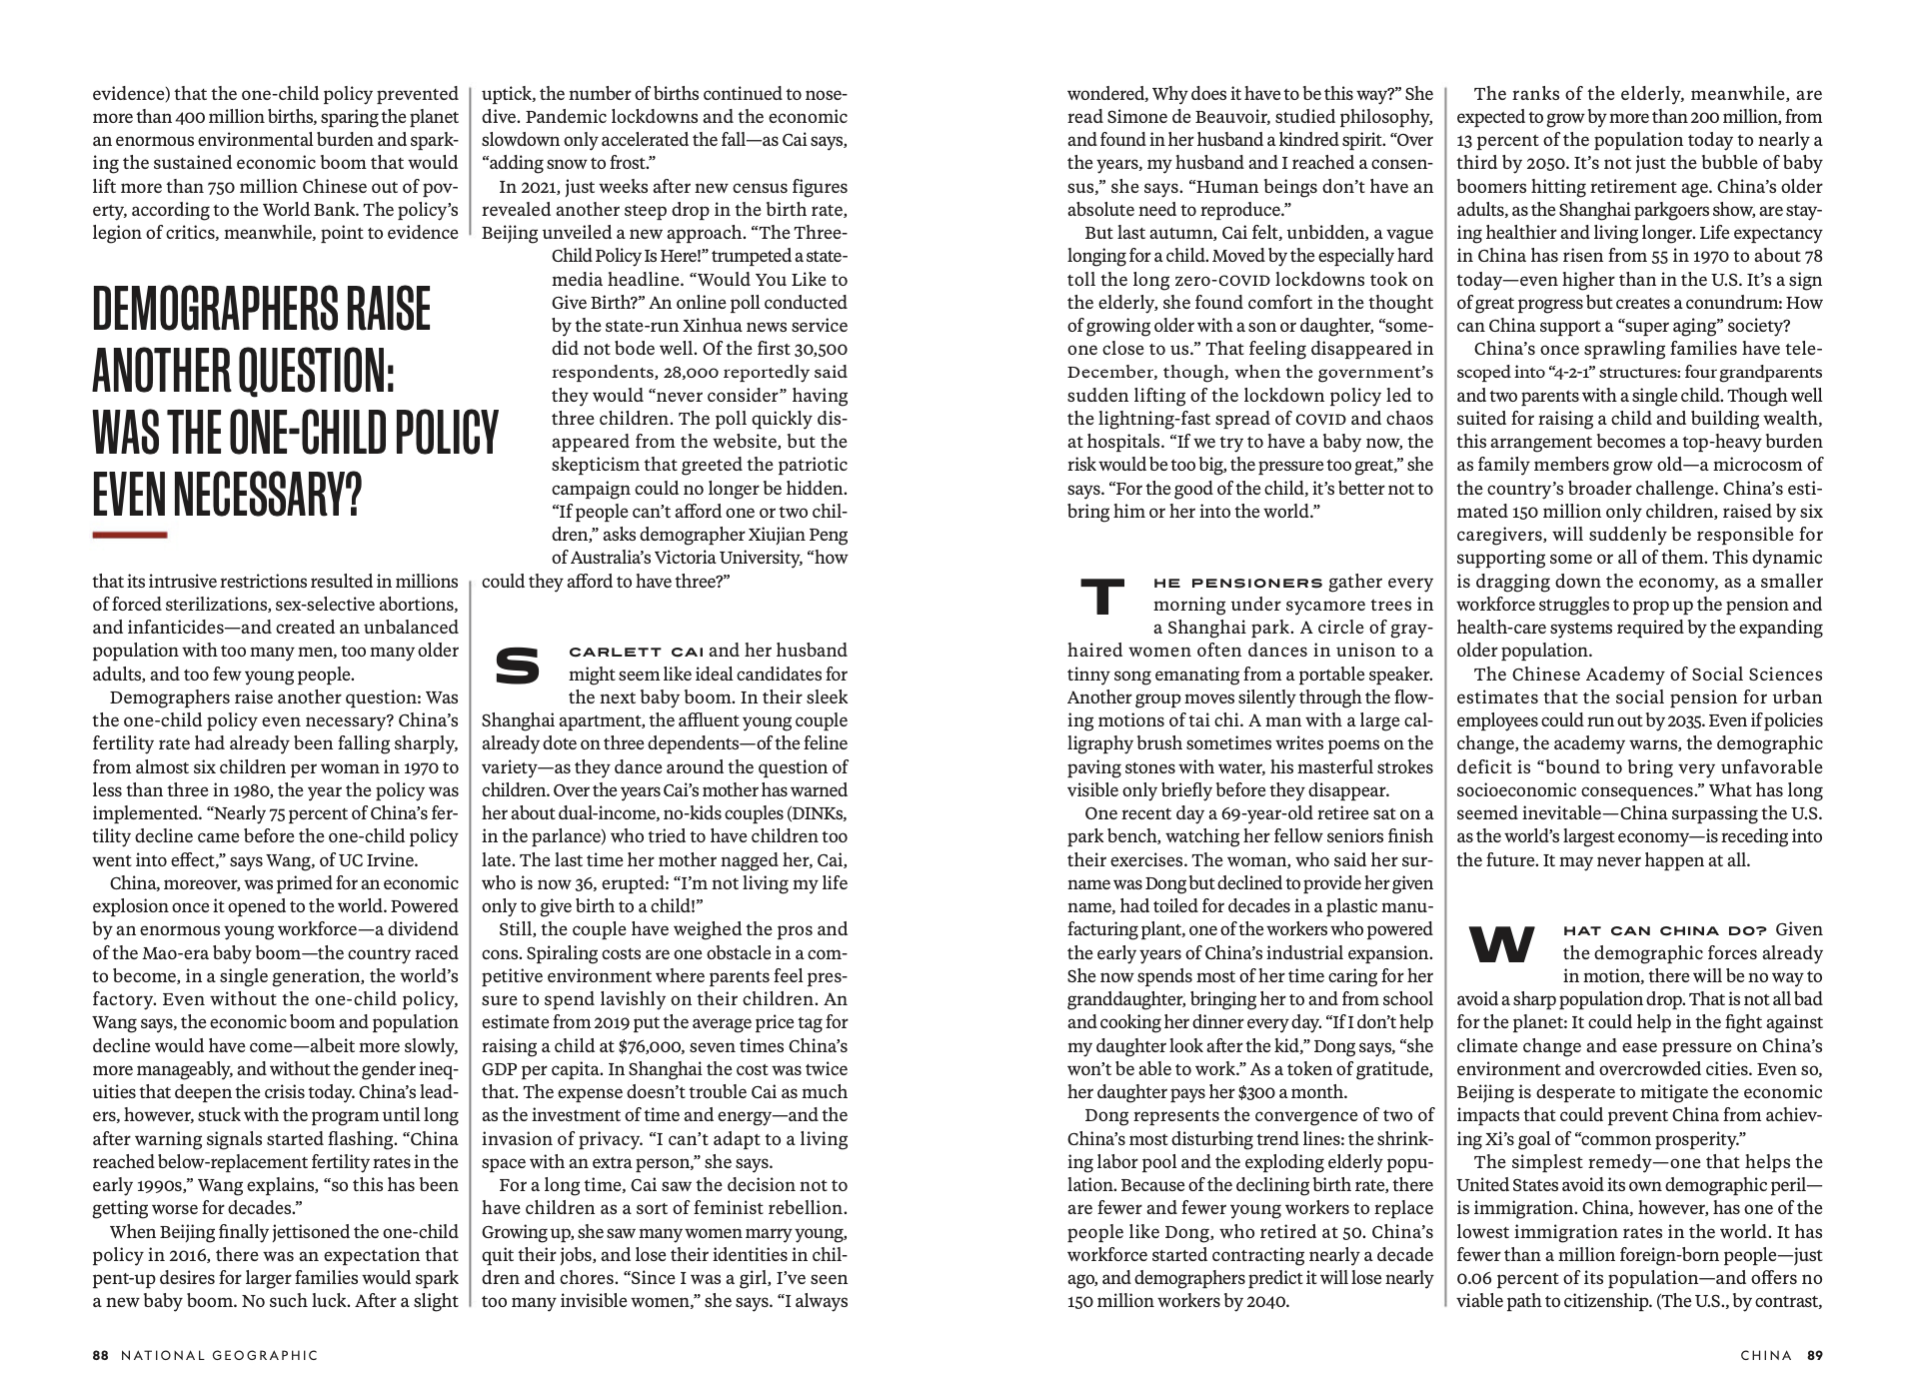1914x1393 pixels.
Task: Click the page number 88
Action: (100, 1356)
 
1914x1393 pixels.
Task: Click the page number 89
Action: (1814, 1356)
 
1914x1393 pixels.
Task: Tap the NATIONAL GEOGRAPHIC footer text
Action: (219, 1356)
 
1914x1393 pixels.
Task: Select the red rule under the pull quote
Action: (129, 536)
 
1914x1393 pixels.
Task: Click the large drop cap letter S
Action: (517, 667)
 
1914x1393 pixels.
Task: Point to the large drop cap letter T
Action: (1103, 597)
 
